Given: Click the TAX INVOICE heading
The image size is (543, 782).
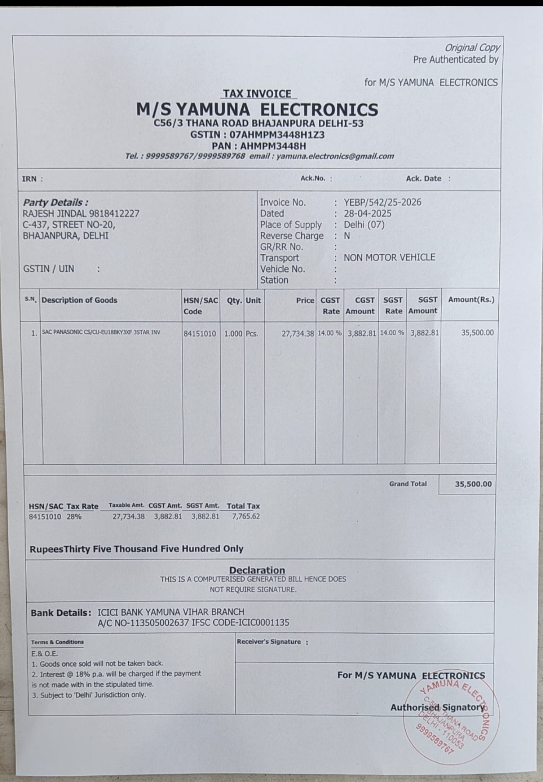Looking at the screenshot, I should (x=257, y=93).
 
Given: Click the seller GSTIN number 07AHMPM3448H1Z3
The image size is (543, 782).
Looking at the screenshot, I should (x=277, y=135).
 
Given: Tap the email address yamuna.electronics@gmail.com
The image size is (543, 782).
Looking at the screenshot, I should (x=335, y=156).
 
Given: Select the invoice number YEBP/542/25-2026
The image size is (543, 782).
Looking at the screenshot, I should (x=382, y=202).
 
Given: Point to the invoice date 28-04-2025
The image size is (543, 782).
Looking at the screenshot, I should (x=367, y=213).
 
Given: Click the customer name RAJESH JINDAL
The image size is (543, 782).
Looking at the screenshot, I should (x=55, y=213).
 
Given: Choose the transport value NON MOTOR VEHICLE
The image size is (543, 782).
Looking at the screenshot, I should (x=389, y=257).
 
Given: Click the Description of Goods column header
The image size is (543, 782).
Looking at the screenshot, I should (x=79, y=300).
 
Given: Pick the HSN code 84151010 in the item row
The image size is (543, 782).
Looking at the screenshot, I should (x=200, y=334).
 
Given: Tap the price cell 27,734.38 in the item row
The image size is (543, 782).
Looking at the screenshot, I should (x=298, y=334).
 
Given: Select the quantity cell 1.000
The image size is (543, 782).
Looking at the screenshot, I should (x=233, y=334).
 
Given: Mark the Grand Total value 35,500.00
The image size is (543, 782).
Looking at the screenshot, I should (x=473, y=484).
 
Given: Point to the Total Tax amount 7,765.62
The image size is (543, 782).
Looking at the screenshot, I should (x=246, y=516).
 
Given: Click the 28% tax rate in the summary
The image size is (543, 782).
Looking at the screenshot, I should (x=74, y=516).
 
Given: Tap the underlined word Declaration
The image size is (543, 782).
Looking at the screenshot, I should (x=257, y=570).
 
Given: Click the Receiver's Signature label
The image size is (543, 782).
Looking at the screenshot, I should (x=269, y=642).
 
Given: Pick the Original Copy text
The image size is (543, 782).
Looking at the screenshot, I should (x=472, y=48).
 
